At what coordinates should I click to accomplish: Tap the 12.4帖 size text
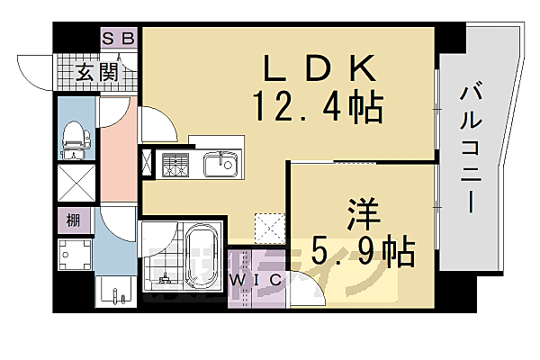pos(319,107)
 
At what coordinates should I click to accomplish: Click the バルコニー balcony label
pos(469,149)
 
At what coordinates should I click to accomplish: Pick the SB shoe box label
pos(118,38)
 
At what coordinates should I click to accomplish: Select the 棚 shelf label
pos(70,220)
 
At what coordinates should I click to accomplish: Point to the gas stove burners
pos(175,165)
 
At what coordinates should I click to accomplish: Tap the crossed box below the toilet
pos(76,184)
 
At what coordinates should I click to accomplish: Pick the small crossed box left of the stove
pos(147,165)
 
